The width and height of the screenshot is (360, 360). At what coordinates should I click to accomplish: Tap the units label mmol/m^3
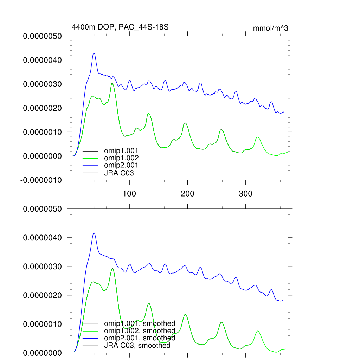(270, 28)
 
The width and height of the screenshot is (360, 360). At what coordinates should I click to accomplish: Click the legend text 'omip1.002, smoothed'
(140, 331)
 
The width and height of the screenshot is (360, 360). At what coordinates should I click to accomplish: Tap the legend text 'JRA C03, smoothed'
(137, 346)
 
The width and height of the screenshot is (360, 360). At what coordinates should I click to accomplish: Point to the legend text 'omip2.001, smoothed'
(140, 338)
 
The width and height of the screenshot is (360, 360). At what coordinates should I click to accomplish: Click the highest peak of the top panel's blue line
(94, 53)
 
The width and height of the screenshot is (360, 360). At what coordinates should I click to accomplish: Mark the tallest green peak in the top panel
(112, 83)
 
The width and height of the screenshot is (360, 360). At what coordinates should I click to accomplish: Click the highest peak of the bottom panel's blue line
(94, 233)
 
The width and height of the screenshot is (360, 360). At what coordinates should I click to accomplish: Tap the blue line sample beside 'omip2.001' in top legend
(90, 165)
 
